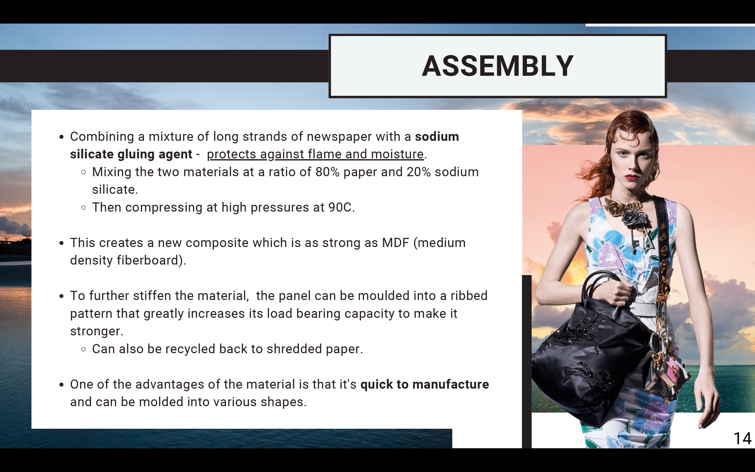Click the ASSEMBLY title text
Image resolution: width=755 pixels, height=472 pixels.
tap(498, 66)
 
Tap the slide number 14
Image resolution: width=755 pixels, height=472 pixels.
tap(742, 438)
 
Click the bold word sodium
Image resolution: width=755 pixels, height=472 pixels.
tap(437, 136)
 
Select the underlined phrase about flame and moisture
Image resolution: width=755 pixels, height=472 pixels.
tap(315, 154)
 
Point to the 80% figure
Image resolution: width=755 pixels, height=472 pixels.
tap(327, 172)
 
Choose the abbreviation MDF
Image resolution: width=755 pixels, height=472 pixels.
tap(396, 243)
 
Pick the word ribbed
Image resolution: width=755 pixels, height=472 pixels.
tap(469, 296)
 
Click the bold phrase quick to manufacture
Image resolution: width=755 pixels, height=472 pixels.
tap(425, 384)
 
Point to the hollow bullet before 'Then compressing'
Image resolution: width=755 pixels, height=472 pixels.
tap(83, 208)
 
